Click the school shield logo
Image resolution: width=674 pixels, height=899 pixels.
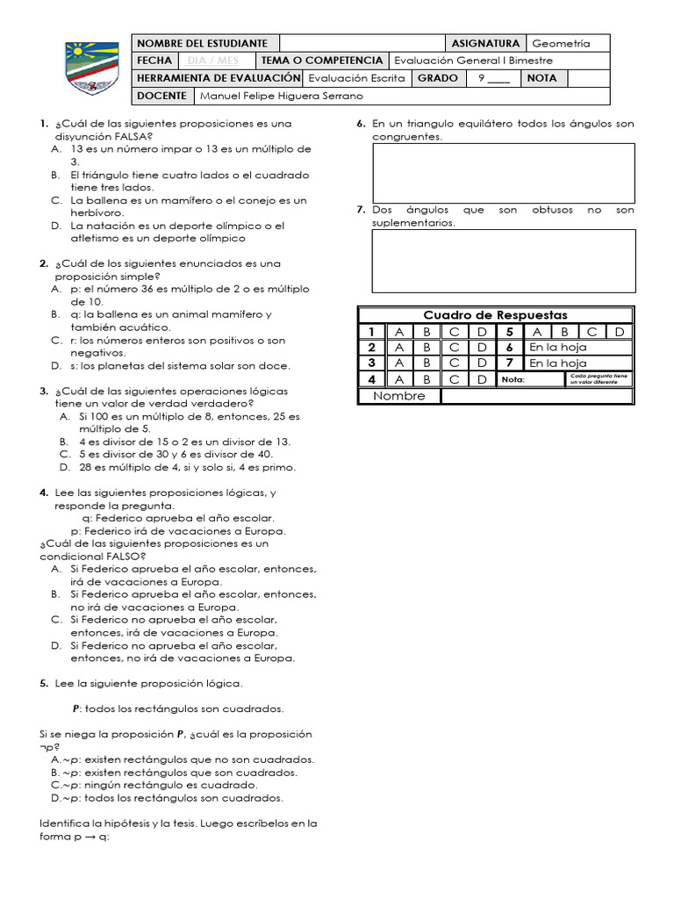(x=85, y=68)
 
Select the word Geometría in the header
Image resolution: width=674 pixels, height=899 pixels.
(x=561, y=43)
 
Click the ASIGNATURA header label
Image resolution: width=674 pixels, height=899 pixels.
(x=485, y=43)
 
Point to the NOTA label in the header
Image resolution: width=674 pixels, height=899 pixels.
(x=542, y=78)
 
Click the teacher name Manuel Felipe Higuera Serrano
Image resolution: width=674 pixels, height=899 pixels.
(x=281, y=96)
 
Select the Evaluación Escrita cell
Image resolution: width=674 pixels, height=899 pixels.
(x=357, y=78)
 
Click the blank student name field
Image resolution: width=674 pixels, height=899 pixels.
(x=362, y=43)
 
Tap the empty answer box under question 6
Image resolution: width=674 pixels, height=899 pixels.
(x=503, y=173)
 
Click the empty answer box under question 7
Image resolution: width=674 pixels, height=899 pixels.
(x=503, y=261)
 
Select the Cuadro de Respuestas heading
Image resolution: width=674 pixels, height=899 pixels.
(x=495, y=315)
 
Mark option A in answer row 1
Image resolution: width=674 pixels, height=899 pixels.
(x=399, y=332)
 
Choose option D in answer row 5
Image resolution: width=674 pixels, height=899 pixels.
(x=619, y=332)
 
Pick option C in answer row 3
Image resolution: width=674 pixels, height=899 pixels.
(x=454, y=363)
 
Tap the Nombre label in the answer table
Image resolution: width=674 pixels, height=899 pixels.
(x=399, y=396)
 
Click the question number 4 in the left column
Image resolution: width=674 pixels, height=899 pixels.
(x=43, y=493)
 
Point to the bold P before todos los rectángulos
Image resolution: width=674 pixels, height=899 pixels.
(x=76, y=708)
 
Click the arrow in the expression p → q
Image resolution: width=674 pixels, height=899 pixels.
(x=90, y=837)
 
